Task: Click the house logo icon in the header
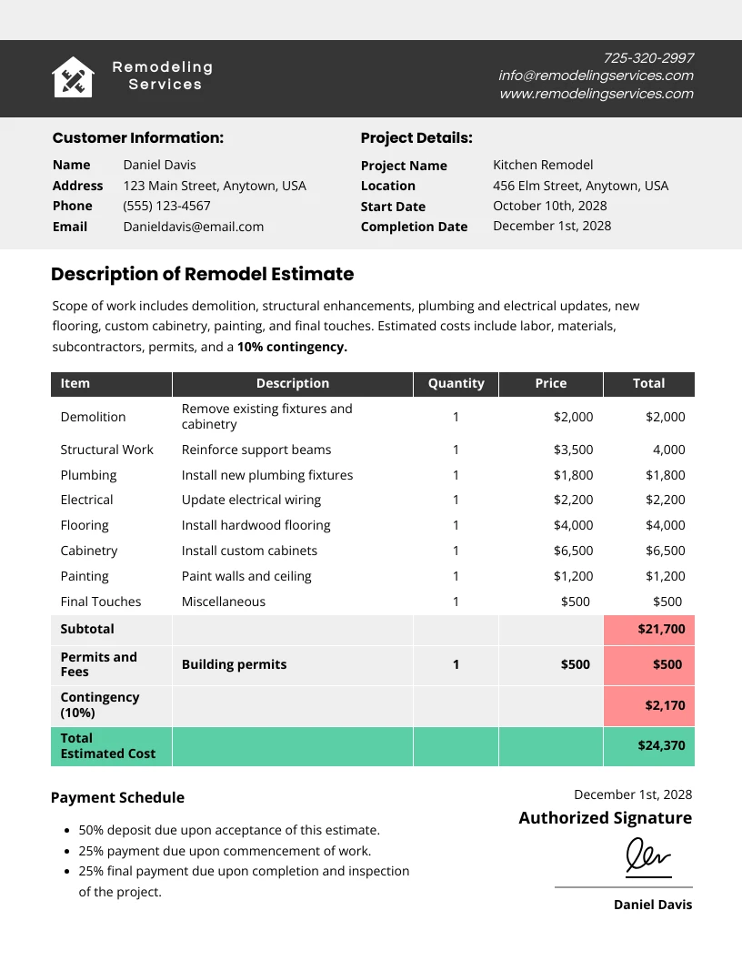(73, 77)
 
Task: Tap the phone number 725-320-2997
(648, 58)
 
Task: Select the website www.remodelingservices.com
(597, 94)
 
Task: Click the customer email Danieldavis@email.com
(194, 227)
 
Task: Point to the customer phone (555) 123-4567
(166, 206)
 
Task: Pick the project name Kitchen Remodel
(543, 165)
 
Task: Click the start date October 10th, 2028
(550, 206)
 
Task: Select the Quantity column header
(456, 384)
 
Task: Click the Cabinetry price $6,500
(573, 551)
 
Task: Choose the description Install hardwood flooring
(256, 525)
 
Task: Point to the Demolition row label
(93, 417)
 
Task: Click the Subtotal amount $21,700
(661, 629)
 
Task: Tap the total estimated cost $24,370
(661, 746)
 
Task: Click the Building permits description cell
(234, 664)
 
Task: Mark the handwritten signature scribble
(647, 857)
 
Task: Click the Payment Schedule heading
(117, 798)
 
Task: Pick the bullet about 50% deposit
(229, 830)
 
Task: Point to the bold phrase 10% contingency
(292, 347)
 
